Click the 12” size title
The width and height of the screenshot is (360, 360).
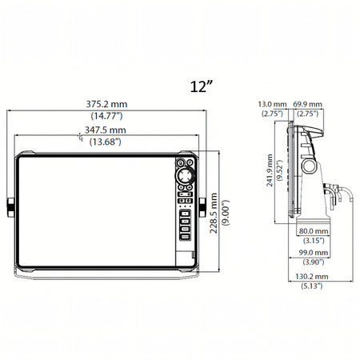(x=202, y=86)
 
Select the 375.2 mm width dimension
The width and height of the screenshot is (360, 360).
(x=106, y=104)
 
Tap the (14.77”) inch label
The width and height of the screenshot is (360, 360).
(x=106, y=116)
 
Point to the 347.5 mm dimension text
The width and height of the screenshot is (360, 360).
(x=106, y=130)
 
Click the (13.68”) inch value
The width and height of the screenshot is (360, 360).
(x=106, y=142)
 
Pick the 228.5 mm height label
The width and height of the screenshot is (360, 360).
(x=214, y=214)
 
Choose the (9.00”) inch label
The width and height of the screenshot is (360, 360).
(x=226, y=213)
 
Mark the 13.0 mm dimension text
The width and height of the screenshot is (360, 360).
(x=272, y=104)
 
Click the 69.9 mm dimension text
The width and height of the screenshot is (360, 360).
(x=308, y=104)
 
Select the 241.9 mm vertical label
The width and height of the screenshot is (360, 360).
(x=270, y=170)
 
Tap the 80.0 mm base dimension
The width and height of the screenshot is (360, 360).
(x=314, y=231)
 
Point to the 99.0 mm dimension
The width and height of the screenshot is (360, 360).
(x=314, y=252)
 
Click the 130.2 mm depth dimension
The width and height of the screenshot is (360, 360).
(x=312, y=276)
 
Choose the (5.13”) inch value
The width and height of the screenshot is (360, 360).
(x=312, y=286)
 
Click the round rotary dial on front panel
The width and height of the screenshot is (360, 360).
(x=185, y=175)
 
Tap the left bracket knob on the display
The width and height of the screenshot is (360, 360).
(x=10, y=207)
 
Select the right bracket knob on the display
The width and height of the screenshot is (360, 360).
(x=202, y=207)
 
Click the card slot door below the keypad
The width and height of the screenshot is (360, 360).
(x=185, y=258)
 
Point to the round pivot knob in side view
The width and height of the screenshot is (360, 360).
(x=309, y=166)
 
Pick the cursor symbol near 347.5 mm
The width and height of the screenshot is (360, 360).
(x=80, y=137)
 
